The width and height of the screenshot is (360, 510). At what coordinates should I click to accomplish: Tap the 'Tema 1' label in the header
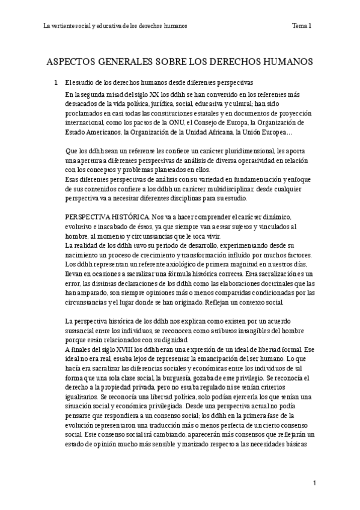point(301,26)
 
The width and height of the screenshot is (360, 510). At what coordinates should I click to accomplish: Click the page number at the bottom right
point(314,483)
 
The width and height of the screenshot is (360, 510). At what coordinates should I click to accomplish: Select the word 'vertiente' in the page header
point(63,26)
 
